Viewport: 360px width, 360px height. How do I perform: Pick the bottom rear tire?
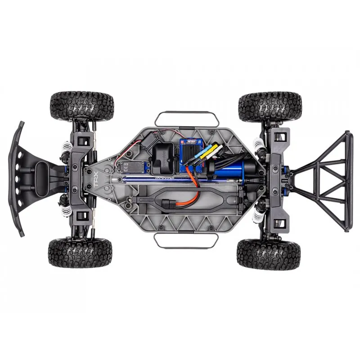click(x=269, y=253)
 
